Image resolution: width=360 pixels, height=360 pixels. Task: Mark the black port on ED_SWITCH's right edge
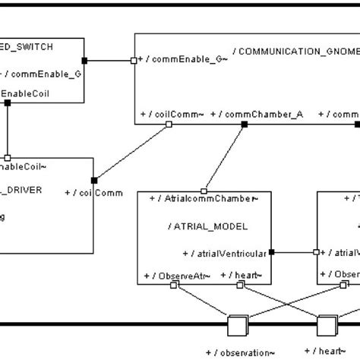pyautogui.click(x=86, y=59)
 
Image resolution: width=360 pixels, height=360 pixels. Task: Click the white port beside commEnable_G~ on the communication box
pyautogui.click(x=134, y=59)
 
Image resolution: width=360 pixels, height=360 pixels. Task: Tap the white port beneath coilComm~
pyautogui.click(x=168, y=125)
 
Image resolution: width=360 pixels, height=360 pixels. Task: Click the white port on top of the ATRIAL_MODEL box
pyautogui.click(x=204, y=191)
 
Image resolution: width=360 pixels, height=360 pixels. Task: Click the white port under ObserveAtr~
pyautogui.click(x=174, y=285)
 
